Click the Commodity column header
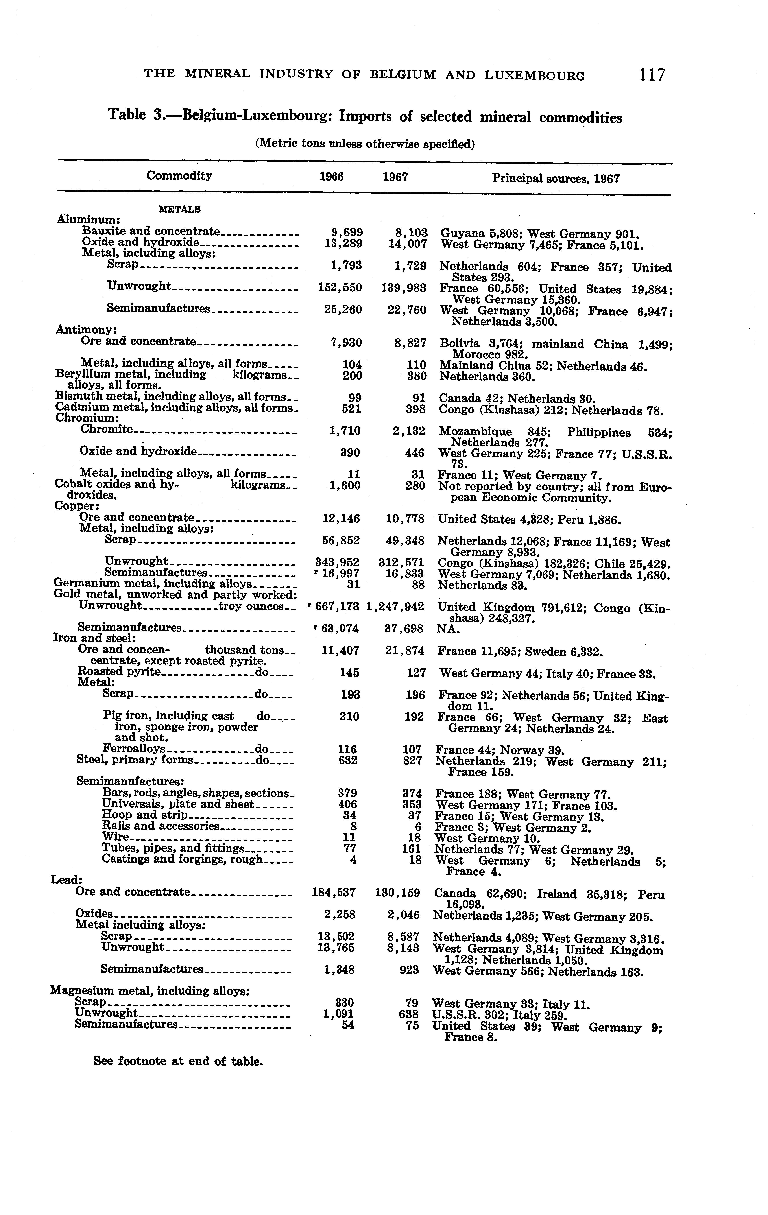179,176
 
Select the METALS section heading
180,208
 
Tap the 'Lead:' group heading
66,879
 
